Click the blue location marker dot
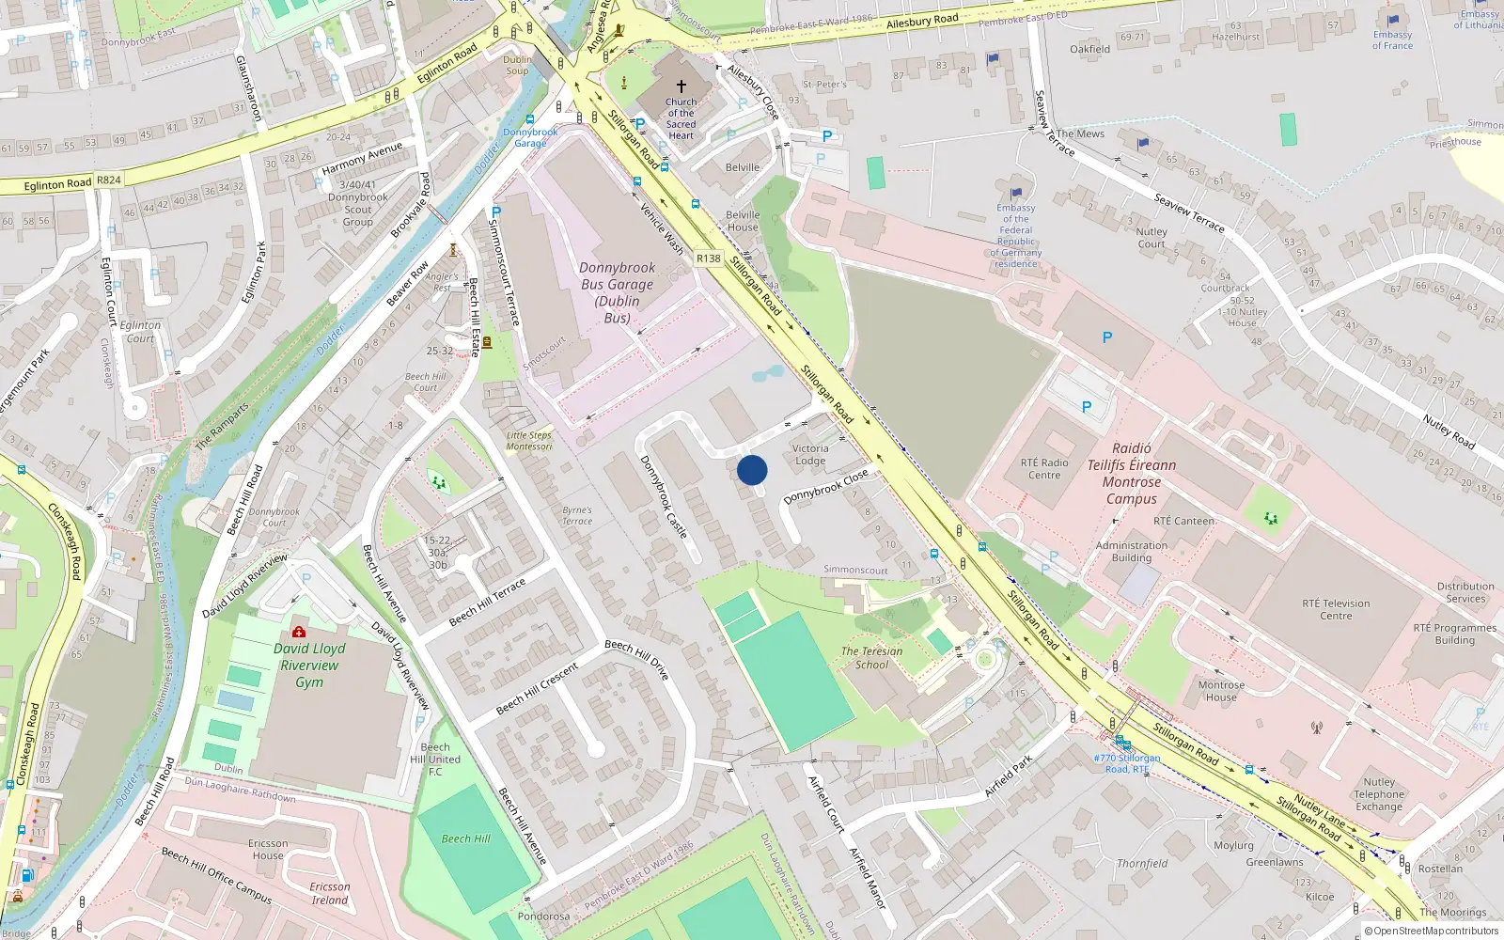(752, 470)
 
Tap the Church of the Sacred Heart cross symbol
(681, 86)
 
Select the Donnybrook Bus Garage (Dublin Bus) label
(617, 292)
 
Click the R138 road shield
(709, 258)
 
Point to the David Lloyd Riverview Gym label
(309, 666)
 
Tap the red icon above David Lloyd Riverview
(299, 632)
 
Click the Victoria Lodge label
(810, 455)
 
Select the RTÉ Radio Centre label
(1044, 469)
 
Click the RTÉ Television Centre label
(1336, 610)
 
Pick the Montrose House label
(1221, 691)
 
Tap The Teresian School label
(871, 658)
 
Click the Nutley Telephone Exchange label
(1379, 794)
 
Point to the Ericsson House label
(268, 850)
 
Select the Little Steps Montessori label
(529, 441)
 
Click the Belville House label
(743, 221)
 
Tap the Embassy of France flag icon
(1393, 19)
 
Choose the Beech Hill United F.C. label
(435, 760)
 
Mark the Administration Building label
(1132, 552)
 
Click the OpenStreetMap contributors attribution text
(1435, 932)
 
